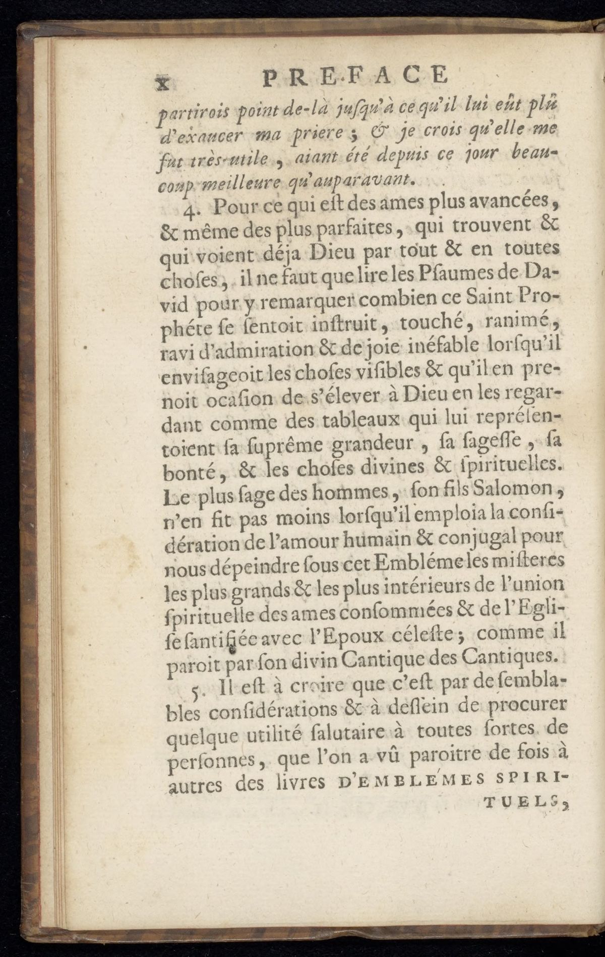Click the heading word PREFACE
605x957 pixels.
[355, 77]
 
